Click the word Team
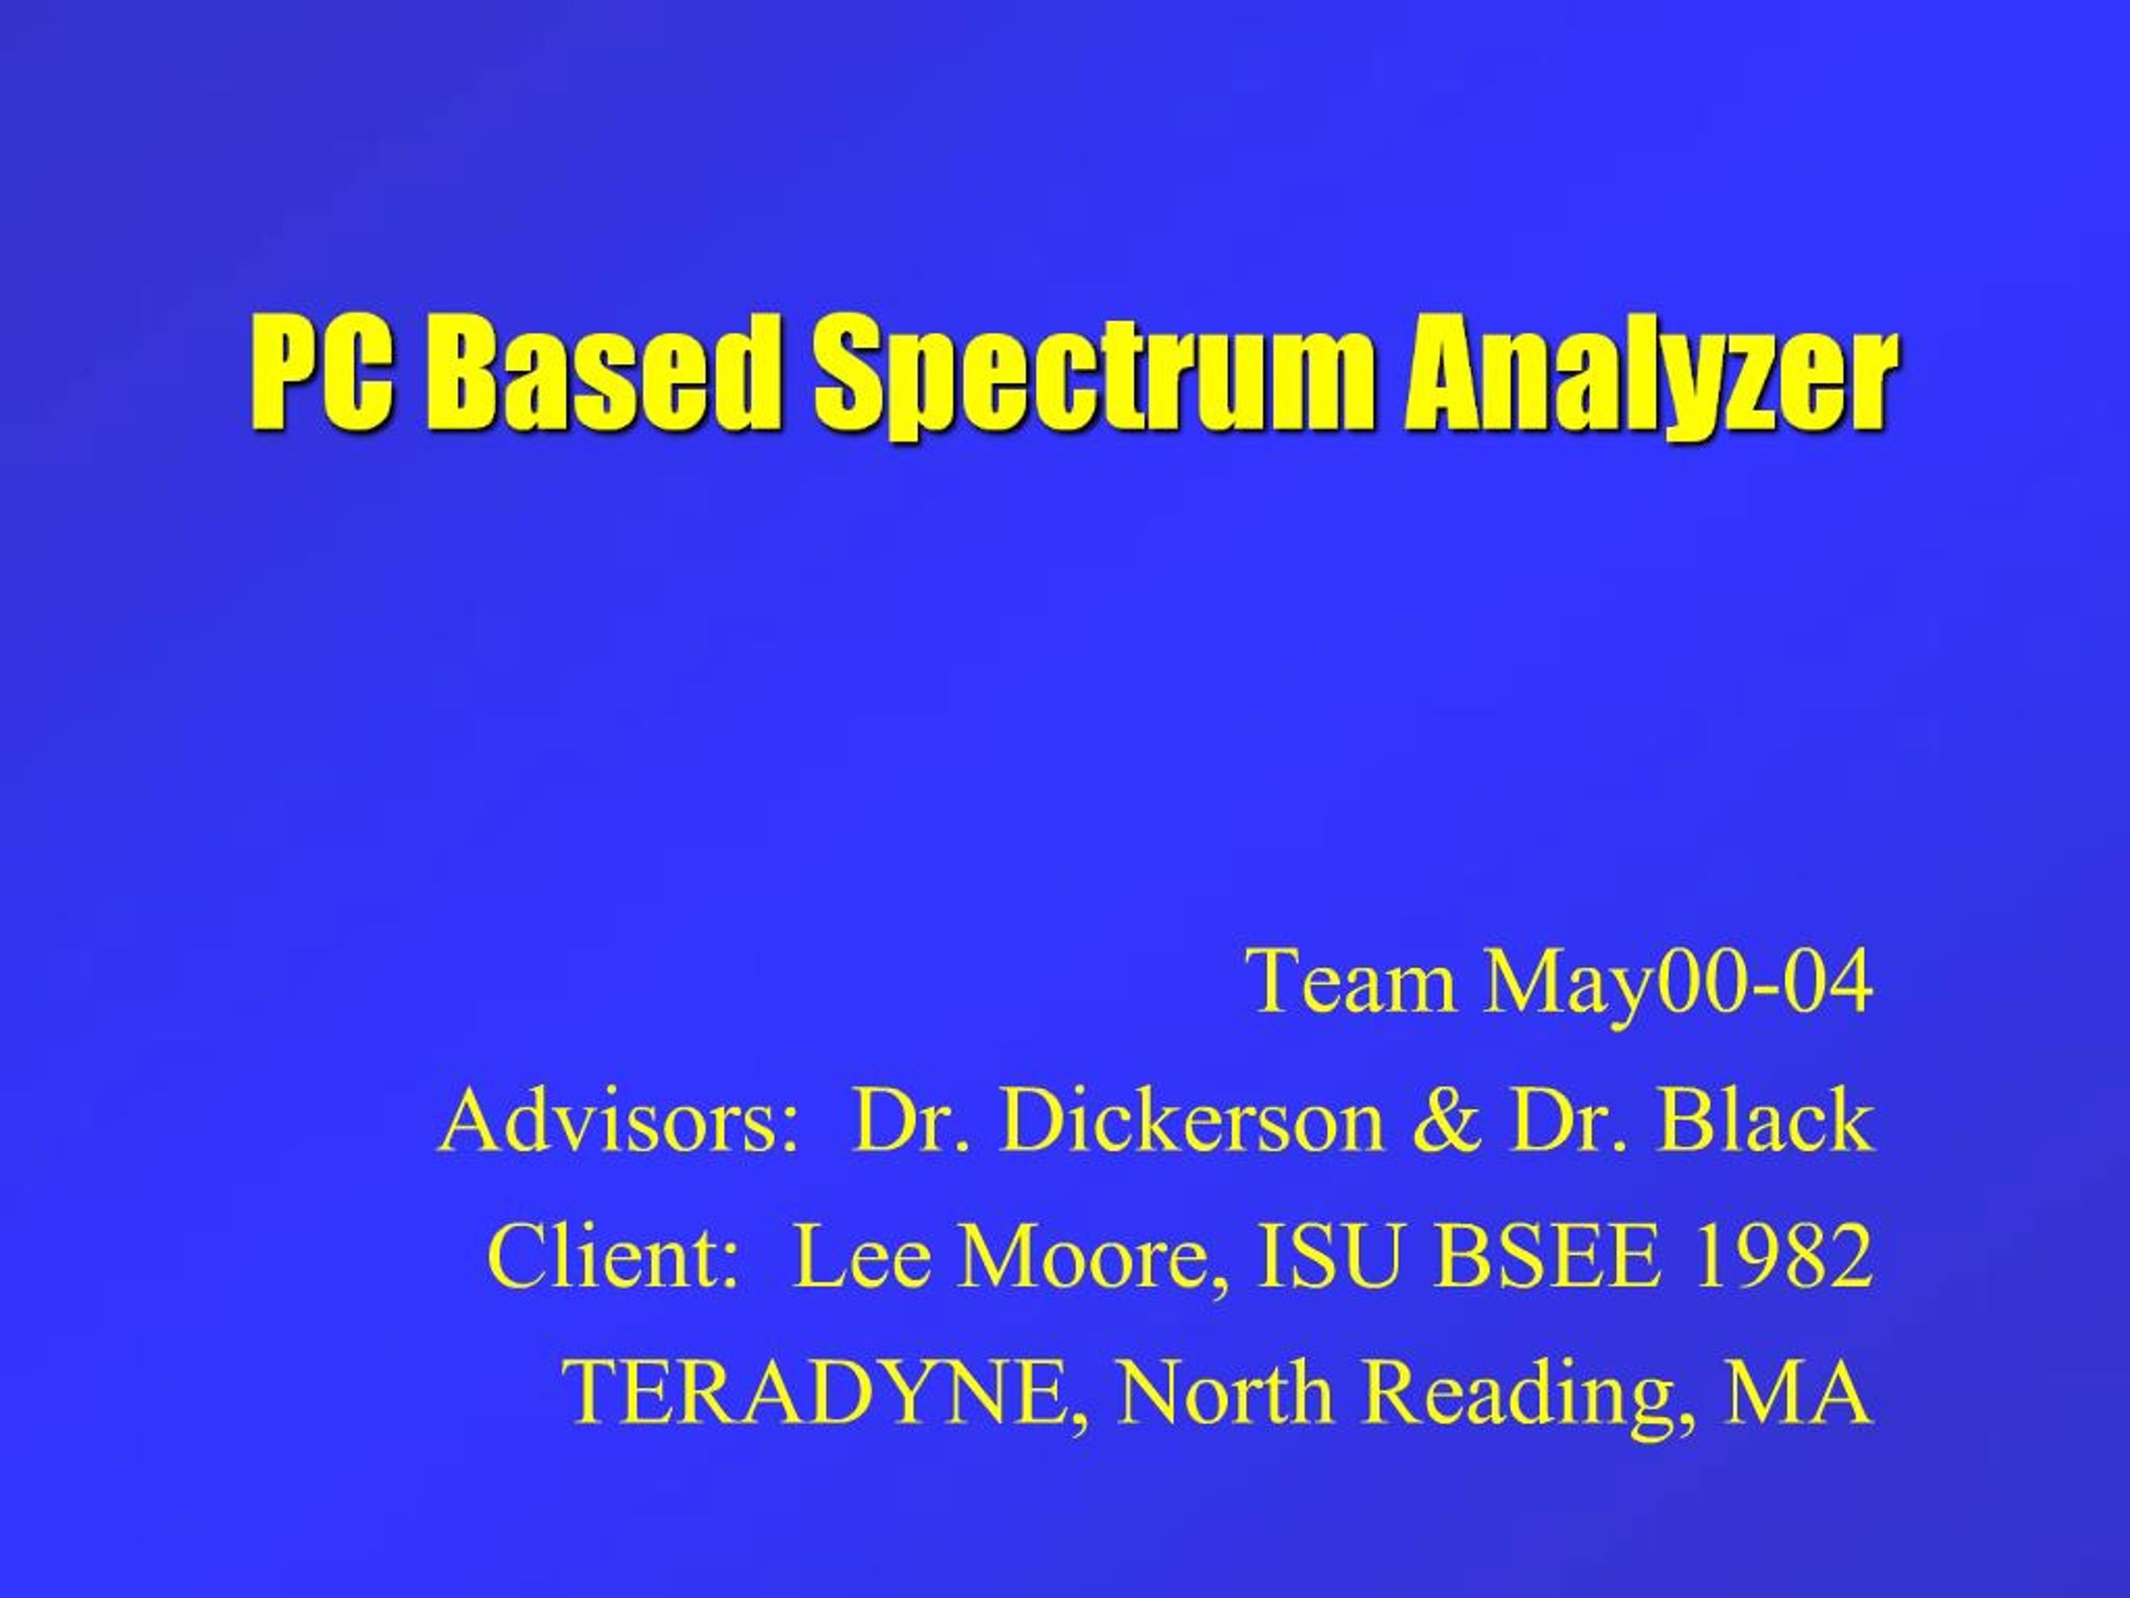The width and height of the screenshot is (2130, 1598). [x=1353, y=981]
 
